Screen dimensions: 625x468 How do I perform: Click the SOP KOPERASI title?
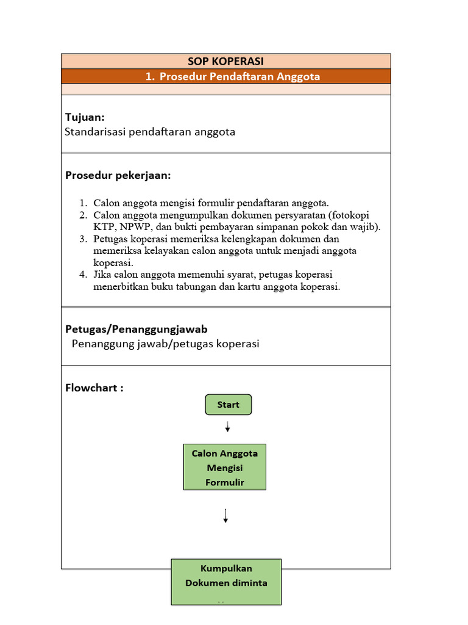point(225,61)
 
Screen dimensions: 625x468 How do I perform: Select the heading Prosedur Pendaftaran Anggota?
point(233,77)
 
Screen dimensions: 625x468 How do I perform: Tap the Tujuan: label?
point(85,117)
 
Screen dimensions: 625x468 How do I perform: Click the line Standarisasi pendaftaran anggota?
point(150,132)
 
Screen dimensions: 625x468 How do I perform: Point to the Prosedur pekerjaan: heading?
point(118,176)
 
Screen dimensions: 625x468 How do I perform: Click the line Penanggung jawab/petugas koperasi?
point(166,344)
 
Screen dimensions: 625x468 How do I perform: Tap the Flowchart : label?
point(94,388)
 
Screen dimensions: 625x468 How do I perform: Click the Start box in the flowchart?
point(228,405)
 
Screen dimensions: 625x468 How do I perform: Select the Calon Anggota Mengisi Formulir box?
point(225,468)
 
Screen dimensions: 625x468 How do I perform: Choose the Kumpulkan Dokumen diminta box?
point(226,582)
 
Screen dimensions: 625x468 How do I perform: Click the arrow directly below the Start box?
point(227,427)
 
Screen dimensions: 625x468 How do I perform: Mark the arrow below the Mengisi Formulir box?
point(225,516)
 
